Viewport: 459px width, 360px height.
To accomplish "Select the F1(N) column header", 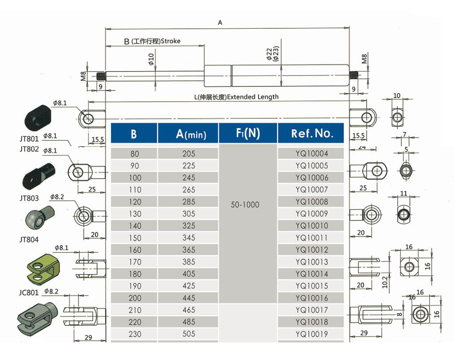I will (247, 133).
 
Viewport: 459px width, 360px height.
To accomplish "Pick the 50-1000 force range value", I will (245, 205).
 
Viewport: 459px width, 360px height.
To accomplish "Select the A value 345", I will (189, 238).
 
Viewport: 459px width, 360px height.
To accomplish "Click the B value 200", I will (135, 298).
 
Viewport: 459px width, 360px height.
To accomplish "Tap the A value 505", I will (189, 334).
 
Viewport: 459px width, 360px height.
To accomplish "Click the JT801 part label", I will (29, 139).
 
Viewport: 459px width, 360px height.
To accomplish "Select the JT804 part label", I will (29, 240).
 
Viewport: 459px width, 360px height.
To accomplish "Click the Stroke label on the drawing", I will (170, 41).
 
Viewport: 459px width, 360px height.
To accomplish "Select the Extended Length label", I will (253, 97).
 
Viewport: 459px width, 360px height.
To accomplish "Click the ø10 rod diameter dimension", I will (151, 59).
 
